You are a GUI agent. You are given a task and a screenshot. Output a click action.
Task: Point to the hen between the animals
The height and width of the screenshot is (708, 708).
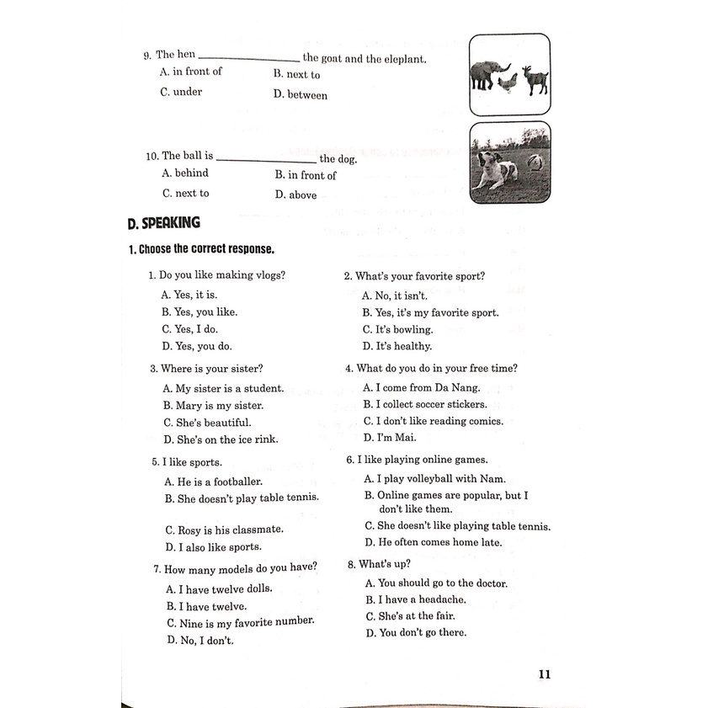point(508,83)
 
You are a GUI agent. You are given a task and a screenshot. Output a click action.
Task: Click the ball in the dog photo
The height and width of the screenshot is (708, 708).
point(535,160)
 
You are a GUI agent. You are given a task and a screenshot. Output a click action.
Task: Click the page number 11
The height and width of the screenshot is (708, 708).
point(543,673)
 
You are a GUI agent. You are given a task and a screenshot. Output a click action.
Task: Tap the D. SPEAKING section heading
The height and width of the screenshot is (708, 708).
point(164,224)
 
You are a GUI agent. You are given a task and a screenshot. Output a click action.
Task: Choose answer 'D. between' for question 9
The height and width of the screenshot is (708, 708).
point(301,95)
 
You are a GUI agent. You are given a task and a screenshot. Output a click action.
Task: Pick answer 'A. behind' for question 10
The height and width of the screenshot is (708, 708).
point(185,173)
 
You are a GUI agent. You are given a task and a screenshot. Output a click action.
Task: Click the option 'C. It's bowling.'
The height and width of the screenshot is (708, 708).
point(397,329)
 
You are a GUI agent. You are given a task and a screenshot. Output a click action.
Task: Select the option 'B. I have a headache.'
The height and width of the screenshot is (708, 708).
point(416,599)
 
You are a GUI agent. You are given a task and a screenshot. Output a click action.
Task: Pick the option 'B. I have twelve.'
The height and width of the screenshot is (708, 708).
point(206,606)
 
